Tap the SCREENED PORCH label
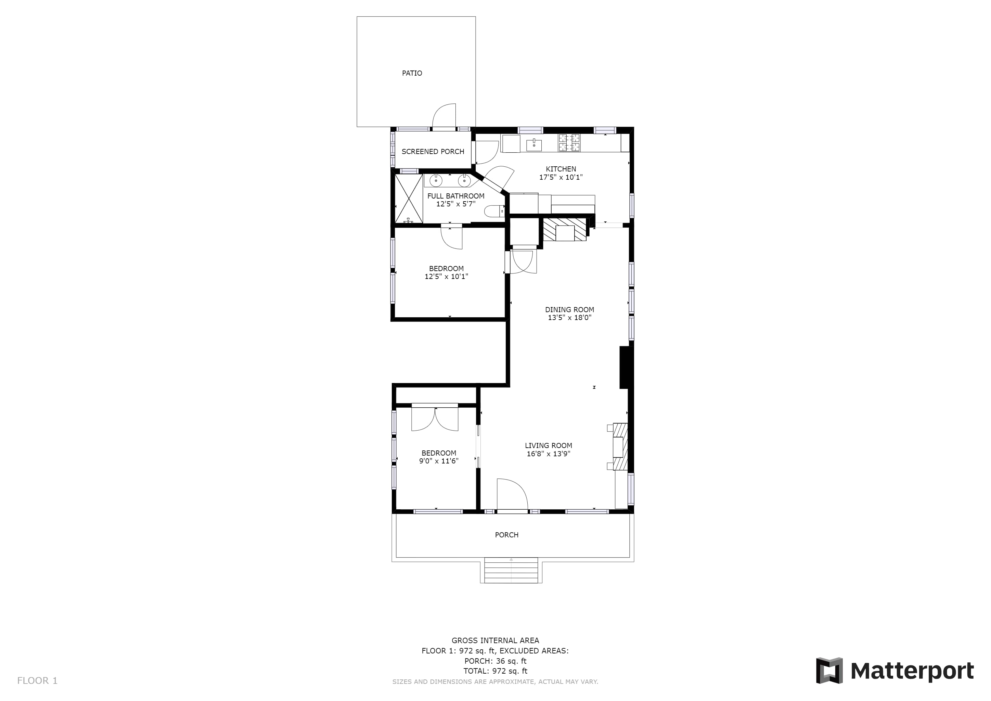click(433, 152)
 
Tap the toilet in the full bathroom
click(494, 211)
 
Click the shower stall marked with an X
click(409, 199)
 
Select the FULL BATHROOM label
click(456, 196)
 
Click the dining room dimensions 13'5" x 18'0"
click(570, 318)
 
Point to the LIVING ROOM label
click(549, 445)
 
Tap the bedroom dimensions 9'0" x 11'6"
click(439, 461)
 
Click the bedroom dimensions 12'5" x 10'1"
click(446, 276)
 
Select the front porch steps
click(511, 570)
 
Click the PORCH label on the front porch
click(507, 535)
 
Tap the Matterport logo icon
click(829, 670)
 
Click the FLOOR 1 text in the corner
click(37, 681)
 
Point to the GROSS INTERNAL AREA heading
click(495, 640)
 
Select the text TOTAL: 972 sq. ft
click(495, 671)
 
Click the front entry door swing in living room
click(512, 495)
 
